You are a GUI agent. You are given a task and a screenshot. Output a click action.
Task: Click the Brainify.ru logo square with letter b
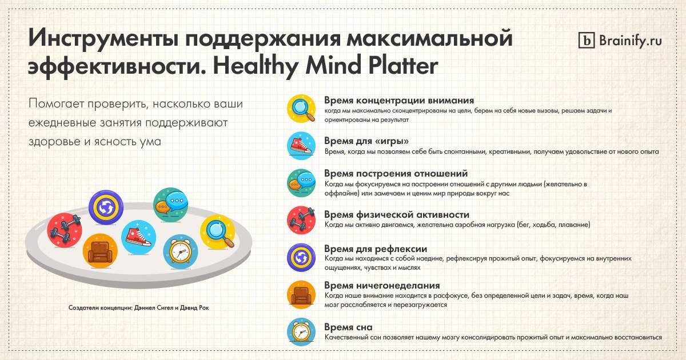click(x=587, y=41)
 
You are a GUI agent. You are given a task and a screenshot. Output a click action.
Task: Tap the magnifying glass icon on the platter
click(x=218, y=232)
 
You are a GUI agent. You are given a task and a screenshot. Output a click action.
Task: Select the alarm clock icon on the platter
click(x=181, y=251)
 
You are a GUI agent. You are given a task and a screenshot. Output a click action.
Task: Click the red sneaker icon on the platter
click(x=139, y=238)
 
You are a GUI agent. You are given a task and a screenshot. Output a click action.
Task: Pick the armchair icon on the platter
click(x=100, y=251)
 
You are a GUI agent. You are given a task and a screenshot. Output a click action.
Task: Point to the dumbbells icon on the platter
click(x=65, y=230)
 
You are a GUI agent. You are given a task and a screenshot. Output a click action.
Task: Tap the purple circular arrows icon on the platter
click(x=106, y=207)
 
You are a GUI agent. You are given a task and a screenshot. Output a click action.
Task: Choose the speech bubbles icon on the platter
click(x=170, y=205)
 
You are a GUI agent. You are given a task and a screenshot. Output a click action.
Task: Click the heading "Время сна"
click(x=349, y=327)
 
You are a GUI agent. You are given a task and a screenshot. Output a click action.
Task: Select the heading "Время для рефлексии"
click(x=376, y=249)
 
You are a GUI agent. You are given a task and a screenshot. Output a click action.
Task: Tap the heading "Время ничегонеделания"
click(x=382, y=285)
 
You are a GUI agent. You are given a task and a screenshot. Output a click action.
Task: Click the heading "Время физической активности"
click(x=397, y=214)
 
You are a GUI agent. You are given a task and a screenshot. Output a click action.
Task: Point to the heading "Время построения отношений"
click(x=396, y=173)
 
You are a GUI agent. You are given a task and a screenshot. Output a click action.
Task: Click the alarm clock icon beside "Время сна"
click(x=301, y=332)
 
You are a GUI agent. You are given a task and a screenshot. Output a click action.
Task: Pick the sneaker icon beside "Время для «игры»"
click(x=301, y=146)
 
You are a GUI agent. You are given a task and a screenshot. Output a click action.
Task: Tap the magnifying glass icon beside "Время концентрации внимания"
click(x=301, y=109)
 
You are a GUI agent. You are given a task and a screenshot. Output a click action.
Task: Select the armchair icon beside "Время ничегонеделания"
click(x=301, y=294)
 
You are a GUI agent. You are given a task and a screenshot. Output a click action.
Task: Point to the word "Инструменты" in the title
click(x=102, y=38)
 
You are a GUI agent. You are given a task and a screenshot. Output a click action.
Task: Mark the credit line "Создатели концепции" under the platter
click(x=139, y=307)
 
